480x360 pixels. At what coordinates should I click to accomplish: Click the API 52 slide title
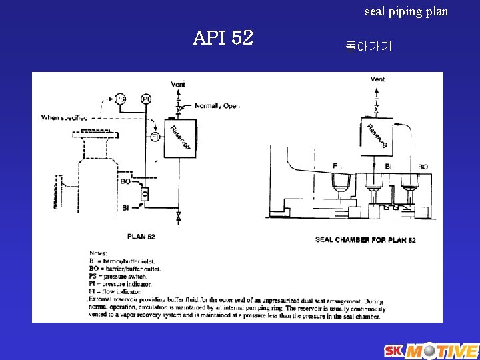223,39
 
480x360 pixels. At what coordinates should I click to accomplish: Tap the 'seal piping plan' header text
406,11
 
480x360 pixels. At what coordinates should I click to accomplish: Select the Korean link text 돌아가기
369,47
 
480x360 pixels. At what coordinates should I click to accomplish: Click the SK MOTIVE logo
431,351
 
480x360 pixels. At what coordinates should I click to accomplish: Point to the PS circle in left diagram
120,99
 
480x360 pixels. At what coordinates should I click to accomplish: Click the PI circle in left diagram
146,99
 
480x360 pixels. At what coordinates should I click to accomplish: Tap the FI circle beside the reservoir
155,137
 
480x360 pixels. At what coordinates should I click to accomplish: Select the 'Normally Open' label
217,106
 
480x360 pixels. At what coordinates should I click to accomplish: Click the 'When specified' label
65,118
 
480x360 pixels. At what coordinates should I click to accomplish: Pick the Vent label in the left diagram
178,84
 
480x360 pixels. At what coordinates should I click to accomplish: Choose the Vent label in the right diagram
377,79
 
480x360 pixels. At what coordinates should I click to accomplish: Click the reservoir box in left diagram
179,139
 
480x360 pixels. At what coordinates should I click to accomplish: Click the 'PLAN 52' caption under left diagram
141,236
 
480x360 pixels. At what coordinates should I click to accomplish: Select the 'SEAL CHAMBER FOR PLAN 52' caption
365,239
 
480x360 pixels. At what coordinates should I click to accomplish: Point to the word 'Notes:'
98,253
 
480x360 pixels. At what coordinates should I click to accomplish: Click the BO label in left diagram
125,181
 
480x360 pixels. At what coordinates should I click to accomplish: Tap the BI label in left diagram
125,208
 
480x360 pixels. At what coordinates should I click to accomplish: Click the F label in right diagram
335,165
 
